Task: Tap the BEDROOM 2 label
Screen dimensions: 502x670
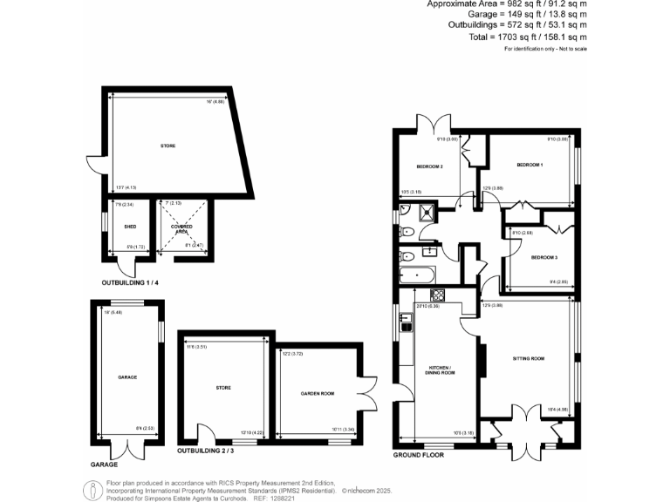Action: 430,166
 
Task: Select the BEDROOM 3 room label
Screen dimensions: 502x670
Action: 544,257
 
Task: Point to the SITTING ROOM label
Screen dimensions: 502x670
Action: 528,358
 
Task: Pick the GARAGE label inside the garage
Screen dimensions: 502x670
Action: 128,376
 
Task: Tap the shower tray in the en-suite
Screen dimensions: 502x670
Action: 427,209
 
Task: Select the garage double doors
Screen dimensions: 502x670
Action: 129,447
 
